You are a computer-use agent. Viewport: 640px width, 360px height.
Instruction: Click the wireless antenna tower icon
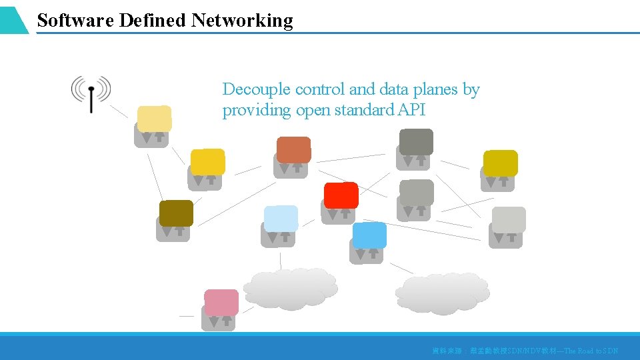[x=91, y=93]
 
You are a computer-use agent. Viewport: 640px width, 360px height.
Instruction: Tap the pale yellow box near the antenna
[x=154, y=119]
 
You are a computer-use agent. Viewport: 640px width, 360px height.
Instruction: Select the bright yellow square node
[x=207, y=162]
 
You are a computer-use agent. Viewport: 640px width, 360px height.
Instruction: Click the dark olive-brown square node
[x=176, y=213]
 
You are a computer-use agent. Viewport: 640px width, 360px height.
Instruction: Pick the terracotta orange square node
[x=293, y=150]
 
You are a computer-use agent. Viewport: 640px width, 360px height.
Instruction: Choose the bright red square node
[x=341, y=195]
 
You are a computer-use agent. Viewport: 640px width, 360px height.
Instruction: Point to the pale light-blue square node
[x=281, y=219]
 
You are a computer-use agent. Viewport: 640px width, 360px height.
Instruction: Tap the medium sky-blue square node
[x=369, y=235]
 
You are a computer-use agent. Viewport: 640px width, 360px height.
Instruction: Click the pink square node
[x=221, y=303]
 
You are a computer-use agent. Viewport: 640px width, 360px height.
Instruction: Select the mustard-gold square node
[x=500, y=163]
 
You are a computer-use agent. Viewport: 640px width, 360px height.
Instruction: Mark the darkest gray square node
[x=416, y=141]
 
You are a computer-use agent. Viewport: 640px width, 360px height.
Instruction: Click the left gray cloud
[x=290, y=289]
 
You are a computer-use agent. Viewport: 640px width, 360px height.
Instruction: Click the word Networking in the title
[x=242, y=21]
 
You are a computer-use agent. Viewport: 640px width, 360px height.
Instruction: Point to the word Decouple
[x=257, y=89]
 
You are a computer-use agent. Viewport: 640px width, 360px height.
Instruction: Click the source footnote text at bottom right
[x=525, y=351]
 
